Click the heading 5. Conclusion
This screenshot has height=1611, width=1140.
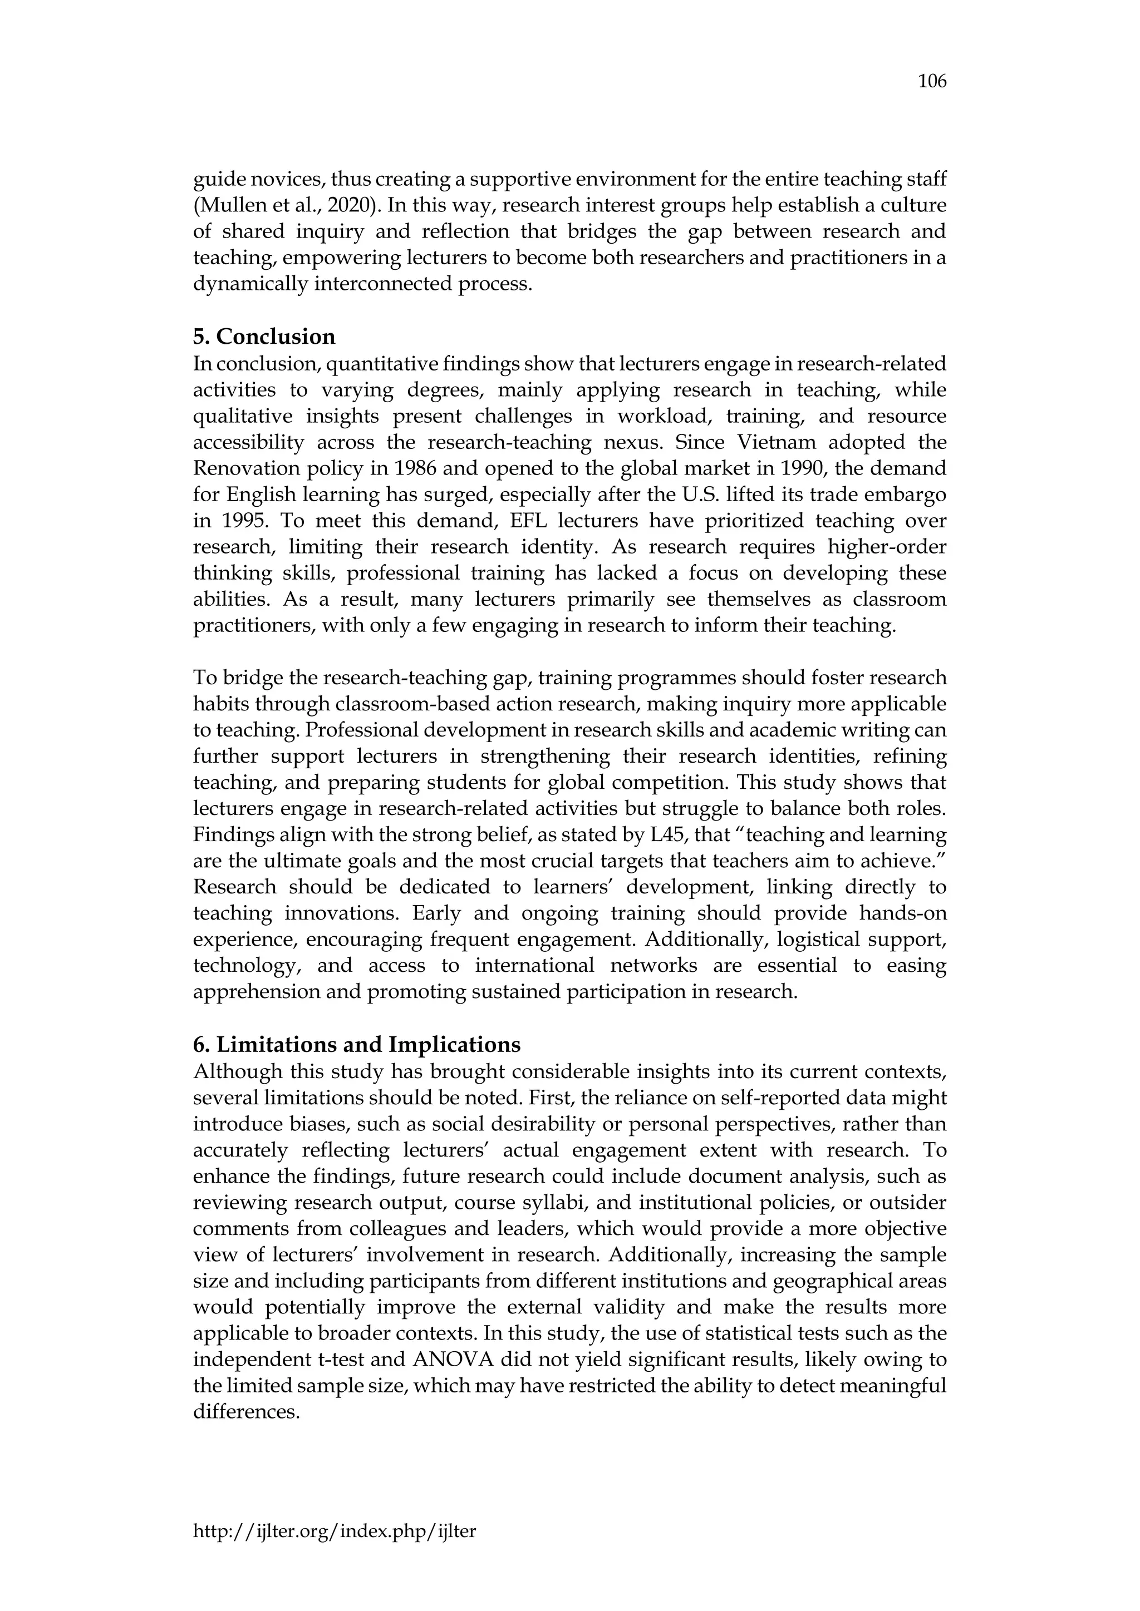[x=264, y=337]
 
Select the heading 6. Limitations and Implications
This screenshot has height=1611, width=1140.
[x=357, y=1045]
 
